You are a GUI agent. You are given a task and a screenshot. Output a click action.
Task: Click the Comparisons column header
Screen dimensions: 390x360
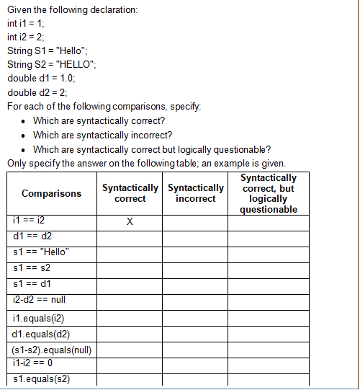[52, 194]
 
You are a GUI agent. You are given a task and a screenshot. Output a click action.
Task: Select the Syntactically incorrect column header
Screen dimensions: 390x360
[195, 193]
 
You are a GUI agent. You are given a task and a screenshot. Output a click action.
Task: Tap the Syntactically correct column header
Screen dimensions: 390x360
[130, 193]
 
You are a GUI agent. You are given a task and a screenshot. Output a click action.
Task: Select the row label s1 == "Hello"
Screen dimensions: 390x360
[40, 252]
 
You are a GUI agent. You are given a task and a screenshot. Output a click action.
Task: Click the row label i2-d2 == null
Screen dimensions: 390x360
[40, 299]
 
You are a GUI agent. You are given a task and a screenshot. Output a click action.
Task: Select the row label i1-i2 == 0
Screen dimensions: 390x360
[33, 363]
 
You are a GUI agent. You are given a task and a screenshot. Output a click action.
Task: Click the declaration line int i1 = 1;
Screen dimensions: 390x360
[26, 22]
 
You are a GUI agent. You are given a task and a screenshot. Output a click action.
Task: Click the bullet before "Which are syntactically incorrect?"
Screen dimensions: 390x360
[24, 136]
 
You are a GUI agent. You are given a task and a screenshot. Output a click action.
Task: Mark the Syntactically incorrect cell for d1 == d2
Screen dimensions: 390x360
[195, 236]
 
